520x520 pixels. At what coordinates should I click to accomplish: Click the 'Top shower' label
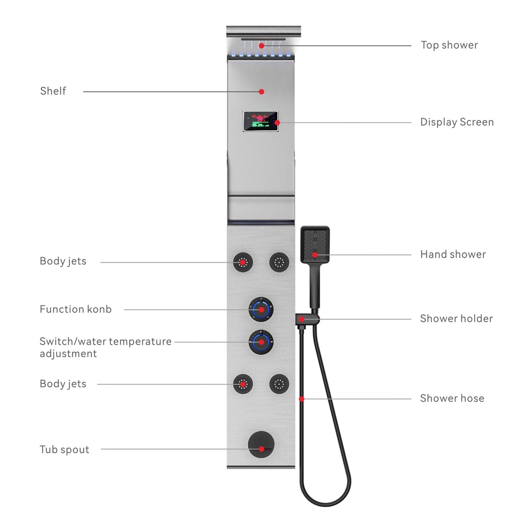click(x=449, y=45)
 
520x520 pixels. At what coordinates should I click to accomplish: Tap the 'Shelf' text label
click(x=53, y=91)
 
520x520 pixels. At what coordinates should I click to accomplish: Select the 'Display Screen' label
click(x=457, y=122)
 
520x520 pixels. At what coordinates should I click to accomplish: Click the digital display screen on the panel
click(x=261, y=121)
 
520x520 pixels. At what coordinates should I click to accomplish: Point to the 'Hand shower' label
click(x=453, y=254)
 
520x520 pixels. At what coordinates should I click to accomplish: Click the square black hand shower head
click(x=315, y=244)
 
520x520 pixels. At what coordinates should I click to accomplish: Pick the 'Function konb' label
click(x=76, y=309)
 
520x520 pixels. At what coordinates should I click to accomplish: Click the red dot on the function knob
click(x=261, y=310)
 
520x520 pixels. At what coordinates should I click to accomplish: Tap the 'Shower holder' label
click(x=456, y=318)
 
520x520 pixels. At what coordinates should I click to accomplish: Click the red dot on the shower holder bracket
click(x=302, y=319)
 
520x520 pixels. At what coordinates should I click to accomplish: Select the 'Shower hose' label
click(x=452, y=398)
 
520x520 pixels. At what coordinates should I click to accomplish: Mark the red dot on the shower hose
click(x=302, y=399)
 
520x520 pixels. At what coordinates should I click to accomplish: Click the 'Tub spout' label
click(x=64, y=449)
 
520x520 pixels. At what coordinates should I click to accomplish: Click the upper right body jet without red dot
click(x=279, y=262)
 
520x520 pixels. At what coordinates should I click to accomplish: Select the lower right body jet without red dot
click(x=279, y=384)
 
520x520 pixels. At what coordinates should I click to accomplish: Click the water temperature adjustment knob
click(x=261, y=342)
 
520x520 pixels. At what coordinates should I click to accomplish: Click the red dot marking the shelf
click(x=261, y=92)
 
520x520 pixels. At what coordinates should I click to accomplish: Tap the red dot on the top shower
click(x=261, y=46)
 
